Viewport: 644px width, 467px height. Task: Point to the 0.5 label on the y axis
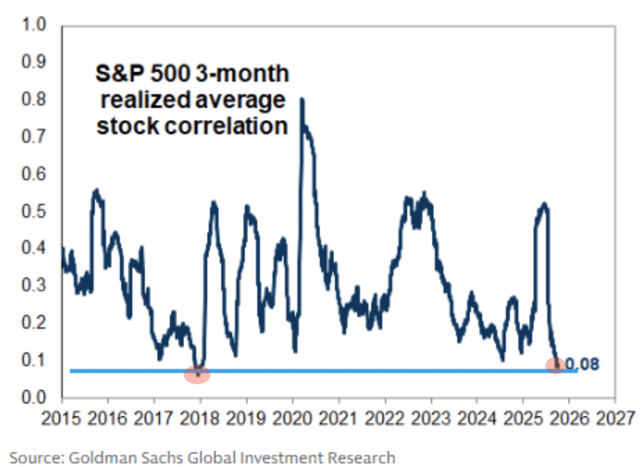pos(34,212)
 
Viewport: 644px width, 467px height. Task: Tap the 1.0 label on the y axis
pos(34,26)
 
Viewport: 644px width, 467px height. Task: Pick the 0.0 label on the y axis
pos(34,398)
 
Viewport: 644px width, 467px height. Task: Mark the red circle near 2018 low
pos(197,374)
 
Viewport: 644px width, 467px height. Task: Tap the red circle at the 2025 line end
pos(556,365)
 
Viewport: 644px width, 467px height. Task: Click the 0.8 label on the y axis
pos(34,100)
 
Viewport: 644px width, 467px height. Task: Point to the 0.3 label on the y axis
pos(34,287)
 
